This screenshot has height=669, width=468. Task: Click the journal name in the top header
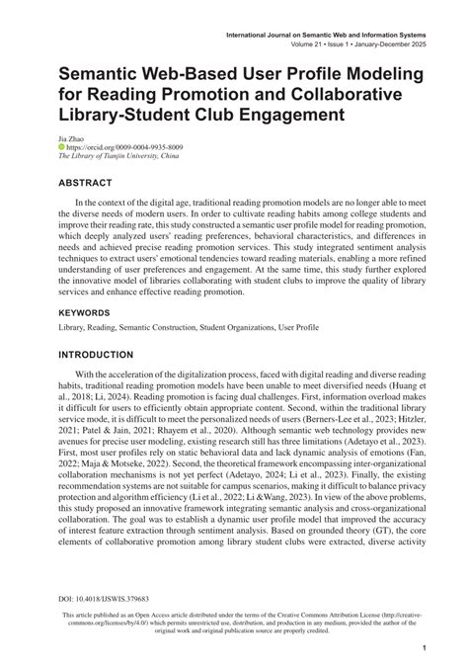(327, 35)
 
